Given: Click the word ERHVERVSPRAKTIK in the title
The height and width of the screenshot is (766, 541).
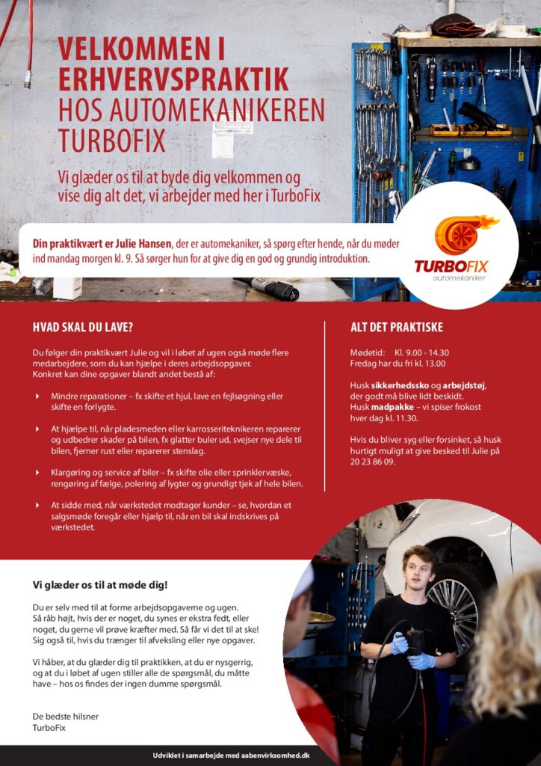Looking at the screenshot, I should (x=173, y=79).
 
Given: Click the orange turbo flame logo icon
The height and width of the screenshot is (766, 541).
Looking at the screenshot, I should (x=463, y=234).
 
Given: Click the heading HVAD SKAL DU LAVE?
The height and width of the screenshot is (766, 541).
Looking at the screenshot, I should (x=83, y=327).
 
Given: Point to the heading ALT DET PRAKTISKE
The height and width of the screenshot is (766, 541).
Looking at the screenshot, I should (x=397, y=327).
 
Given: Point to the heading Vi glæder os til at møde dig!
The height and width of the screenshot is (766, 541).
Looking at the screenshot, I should (x=100, y=584).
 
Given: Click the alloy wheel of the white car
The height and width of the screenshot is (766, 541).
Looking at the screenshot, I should (x=454, y=604).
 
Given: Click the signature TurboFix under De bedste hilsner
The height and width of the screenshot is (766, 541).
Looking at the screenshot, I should (x=49, y=727).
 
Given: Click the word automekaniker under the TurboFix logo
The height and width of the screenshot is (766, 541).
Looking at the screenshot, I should (x=459, y=278).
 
